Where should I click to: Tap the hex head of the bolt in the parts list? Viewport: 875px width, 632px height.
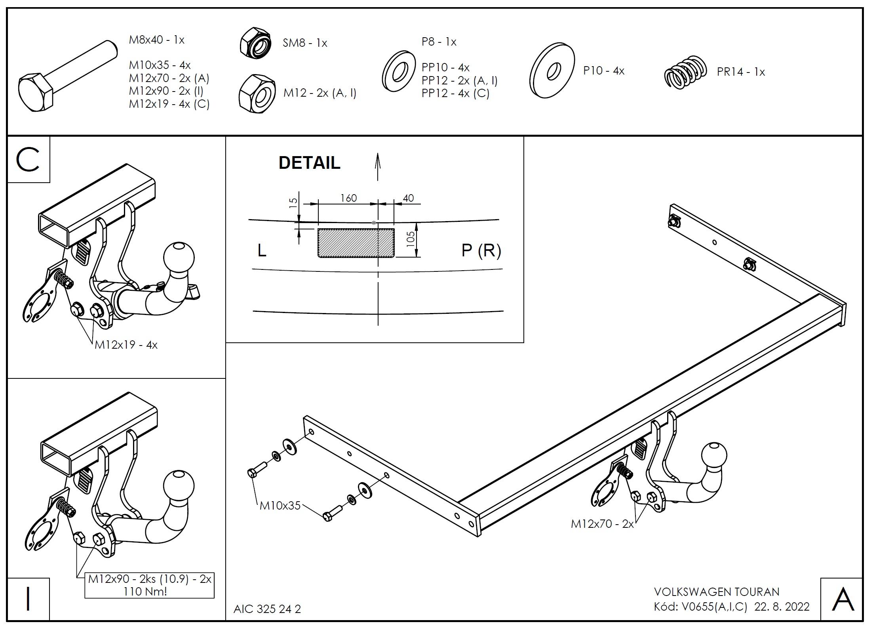tap(36, 92)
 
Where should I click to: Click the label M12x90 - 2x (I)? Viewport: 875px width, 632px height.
tap(166, 91)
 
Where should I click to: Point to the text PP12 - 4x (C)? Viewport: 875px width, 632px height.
tap(456, 93)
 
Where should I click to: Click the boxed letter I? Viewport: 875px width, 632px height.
tap(28, 598)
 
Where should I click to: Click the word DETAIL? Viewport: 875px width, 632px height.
tap(310, 163)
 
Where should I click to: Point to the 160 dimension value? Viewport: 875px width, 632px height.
tap(349, 198)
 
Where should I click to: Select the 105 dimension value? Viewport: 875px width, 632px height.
tap(411, 239)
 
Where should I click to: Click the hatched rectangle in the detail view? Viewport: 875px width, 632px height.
tap(356, 242)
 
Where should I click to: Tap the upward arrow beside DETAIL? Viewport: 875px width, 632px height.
tap(378, 167)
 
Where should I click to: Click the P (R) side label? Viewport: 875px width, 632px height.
tap(481, 250)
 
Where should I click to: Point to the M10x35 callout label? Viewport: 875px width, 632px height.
tap(280, 506)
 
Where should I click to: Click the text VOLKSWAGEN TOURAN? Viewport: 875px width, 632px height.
tap(717, 592)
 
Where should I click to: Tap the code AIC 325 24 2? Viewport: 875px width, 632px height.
tap(267, 609)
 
